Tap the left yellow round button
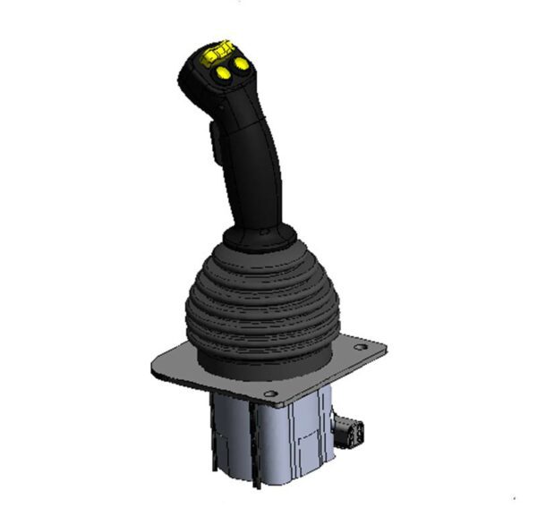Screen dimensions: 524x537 pos(221,75)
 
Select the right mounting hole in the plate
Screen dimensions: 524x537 pos(360,347)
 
